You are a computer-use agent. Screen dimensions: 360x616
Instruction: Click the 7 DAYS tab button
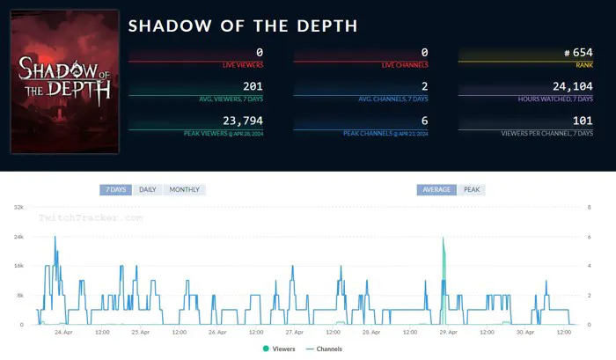click(x=115, y=189)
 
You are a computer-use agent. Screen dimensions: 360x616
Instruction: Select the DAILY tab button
click(x=148, y=189)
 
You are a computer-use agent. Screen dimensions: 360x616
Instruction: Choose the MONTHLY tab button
click(x=184, y=189)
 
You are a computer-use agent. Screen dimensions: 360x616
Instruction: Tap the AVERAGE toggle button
click(x=436, y=189)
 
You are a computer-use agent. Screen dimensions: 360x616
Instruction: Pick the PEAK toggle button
click(x=472, y=189)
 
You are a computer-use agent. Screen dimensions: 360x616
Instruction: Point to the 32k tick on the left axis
click(x=18, y=207)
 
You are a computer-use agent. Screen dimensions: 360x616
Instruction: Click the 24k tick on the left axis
click(x=18, y=236)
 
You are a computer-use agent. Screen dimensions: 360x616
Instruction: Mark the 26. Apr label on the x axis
click(x=216, y=332)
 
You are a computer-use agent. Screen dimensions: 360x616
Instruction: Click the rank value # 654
click(x=576, y=53)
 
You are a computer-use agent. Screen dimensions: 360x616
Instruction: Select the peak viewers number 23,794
click(x=243, y=121)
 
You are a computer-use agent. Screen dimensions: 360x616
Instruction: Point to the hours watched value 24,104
click(x=572, y=86)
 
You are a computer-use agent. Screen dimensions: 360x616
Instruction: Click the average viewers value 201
click(x=253, y=86)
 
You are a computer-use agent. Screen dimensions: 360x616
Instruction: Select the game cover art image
click(x=65, y=82)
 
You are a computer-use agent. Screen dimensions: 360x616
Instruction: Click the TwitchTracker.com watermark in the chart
click(x=90, y=216)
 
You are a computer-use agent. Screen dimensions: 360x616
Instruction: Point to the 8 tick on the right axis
click(x=589, y=207)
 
